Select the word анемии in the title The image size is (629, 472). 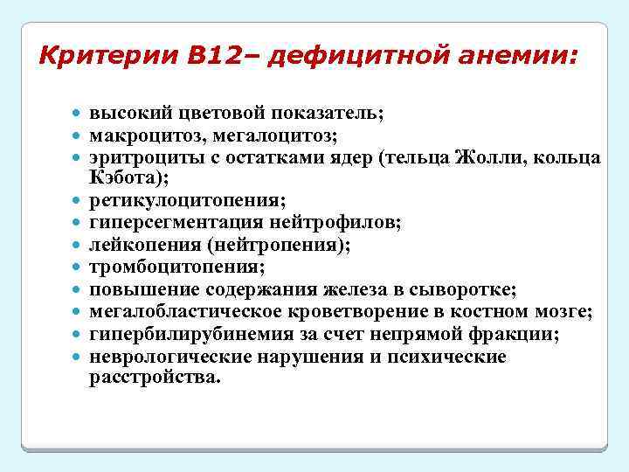pyautogui.click(x=522, y=58)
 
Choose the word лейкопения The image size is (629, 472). pyautogui.click(x=141, y=246)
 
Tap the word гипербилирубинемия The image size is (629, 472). pyautogui.click(x=178, y=334)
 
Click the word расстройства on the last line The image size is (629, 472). pyautogui.click(x=155, y=378)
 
